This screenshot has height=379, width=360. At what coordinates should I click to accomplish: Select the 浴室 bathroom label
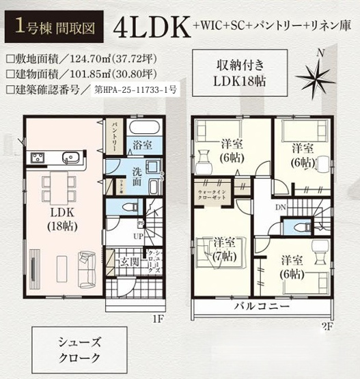click(142, 145)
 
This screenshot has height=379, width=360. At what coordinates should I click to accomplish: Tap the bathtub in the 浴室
click(143, 128)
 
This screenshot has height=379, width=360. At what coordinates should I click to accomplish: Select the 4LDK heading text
click(152, 29)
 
